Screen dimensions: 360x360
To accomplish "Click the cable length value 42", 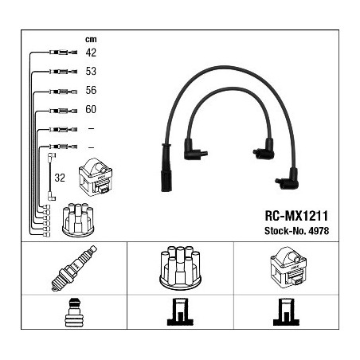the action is (x=91, y=53).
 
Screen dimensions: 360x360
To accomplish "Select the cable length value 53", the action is (x=91, y=71).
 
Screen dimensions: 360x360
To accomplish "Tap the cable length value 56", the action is (x=91, y=90).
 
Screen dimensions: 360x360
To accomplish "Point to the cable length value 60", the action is (x=91, y=109).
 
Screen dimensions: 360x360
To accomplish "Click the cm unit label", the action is (x=91, y=40).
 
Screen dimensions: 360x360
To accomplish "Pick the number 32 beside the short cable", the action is (x=60, y=178).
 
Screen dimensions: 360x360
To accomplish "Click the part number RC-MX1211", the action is (x=296, y=216).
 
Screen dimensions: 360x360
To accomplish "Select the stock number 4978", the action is (x=319, y=231).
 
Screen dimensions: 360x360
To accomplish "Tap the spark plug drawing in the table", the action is (x=74, y=268).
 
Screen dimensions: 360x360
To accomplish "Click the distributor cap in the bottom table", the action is (x=180, y=268).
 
